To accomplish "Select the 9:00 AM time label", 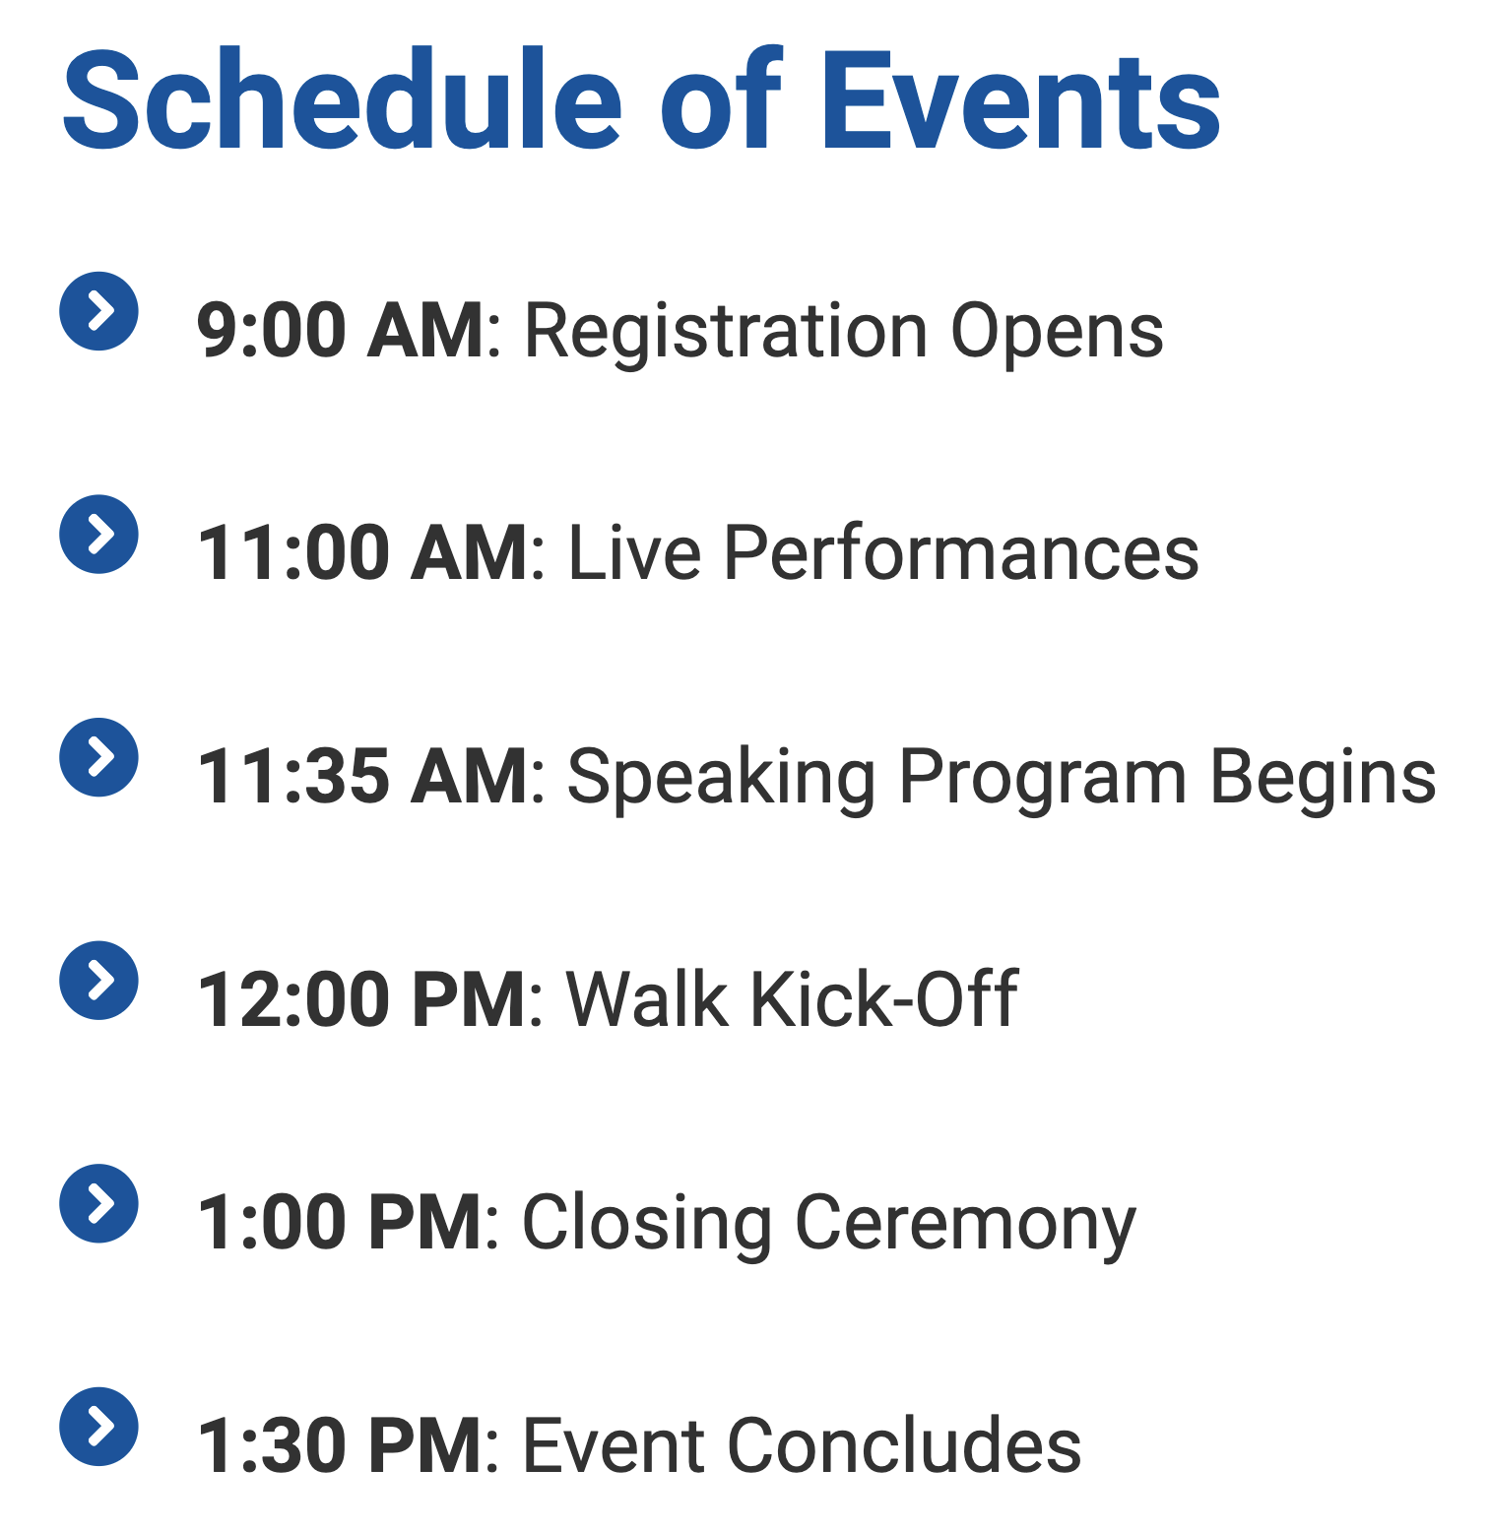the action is [x=341, y=330].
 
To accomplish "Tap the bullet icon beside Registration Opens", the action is [x=98, y=311].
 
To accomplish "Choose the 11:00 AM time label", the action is [x=362, y=553].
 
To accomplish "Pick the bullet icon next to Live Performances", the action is [x=98, y=535].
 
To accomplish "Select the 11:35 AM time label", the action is [x=362, y=777].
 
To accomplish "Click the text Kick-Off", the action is [x=883, y=998].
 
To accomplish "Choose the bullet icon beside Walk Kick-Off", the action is [x=98, y=981].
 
